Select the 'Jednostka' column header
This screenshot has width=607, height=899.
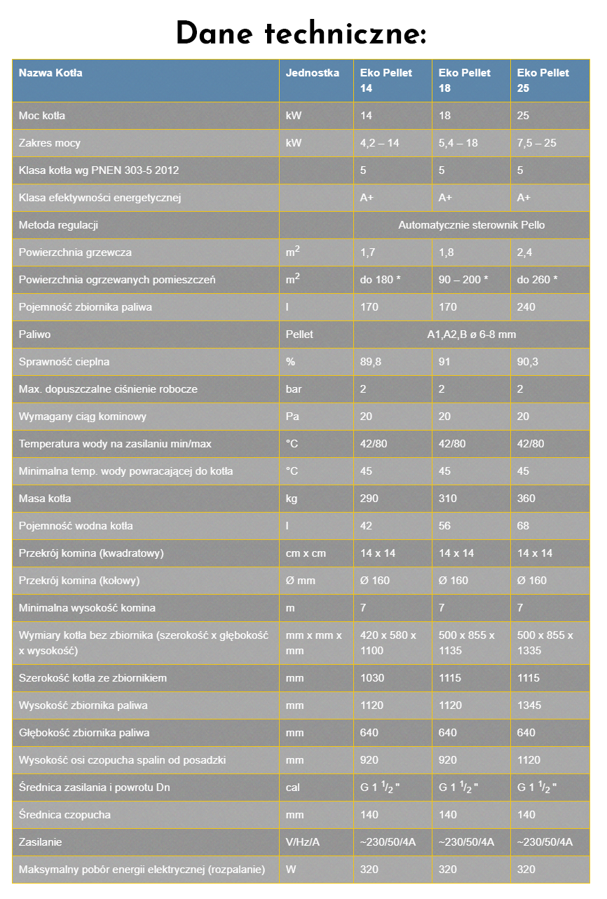313,73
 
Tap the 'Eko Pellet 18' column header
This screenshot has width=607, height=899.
464,80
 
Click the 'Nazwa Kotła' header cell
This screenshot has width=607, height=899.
50,73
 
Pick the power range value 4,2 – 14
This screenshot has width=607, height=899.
379,143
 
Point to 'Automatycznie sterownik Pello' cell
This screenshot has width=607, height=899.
471,225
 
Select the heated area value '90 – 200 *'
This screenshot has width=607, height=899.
463,280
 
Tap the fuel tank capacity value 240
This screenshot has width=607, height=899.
526,307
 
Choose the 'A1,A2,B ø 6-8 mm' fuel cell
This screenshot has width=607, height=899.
471,334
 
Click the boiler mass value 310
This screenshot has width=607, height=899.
447,499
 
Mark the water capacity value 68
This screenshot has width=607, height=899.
523,526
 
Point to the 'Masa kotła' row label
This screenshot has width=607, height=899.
45,499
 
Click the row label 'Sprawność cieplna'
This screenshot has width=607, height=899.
64,362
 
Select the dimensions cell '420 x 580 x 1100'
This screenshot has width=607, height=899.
388,642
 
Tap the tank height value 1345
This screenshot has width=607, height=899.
528,705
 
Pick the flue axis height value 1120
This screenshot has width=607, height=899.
528,760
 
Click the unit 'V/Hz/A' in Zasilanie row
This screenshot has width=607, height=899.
303,842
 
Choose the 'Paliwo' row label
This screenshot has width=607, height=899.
35,334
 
